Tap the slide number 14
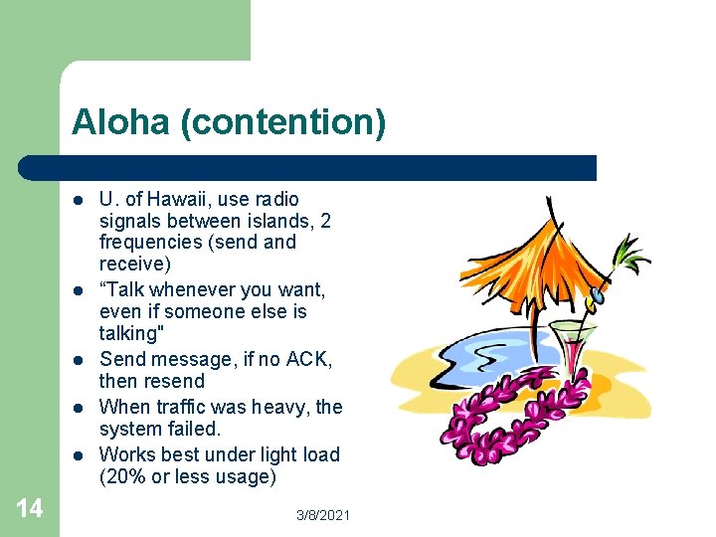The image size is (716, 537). tap(30, 509)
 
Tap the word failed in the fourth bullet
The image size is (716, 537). tap(193, 429)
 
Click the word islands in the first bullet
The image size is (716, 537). tap(275, 220)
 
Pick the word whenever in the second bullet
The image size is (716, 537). tap(195, 289)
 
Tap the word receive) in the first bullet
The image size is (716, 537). tap(134, 264)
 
